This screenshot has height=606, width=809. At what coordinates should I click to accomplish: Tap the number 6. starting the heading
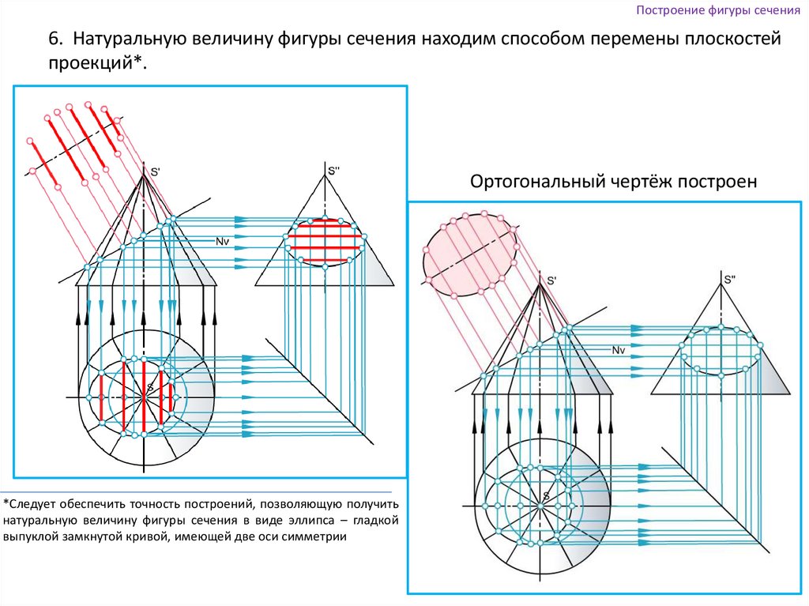[x=57, y=39]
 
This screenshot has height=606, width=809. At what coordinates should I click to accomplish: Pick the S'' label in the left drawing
[x=333, y=169]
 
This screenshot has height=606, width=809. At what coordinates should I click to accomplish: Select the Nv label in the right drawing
[x=619, y=349]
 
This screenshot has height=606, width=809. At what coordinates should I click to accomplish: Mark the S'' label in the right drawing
[x=729, y=279]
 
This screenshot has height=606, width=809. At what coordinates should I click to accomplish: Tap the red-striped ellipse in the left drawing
[x=325, y=242]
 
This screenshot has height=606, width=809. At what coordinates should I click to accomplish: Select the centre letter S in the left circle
[x=149, y=387]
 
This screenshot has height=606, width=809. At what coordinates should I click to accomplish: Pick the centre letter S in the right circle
[x=545, y=496]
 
